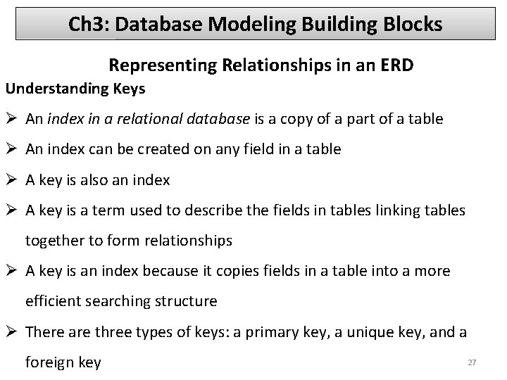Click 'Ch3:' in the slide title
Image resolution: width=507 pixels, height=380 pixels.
(88, 25)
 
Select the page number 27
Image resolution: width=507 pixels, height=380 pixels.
(472, 362)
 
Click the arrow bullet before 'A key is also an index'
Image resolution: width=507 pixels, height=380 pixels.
(13, 179)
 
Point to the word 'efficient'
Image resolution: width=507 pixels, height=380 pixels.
(54, 301)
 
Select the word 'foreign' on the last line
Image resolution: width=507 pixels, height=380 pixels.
(49, 362)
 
